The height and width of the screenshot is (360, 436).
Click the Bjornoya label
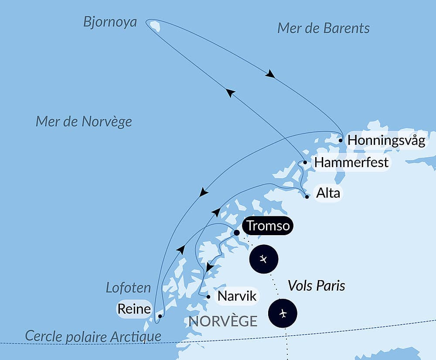[110, 22]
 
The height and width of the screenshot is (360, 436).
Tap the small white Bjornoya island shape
[155, 27]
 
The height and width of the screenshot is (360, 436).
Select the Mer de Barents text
[323, 28]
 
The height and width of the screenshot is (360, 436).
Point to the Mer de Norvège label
[84, 121]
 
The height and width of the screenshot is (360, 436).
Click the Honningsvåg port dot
[341, 141]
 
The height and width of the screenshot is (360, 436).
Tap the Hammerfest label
[351, 162]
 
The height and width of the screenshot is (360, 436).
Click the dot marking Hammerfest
[305, 162]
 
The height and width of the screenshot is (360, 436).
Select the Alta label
[328, 193]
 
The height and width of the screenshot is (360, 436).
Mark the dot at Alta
[307, 197]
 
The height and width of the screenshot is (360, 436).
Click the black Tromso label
[268, 226]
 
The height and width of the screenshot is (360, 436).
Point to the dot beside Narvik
[208, 297]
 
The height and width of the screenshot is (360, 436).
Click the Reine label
[134, 309]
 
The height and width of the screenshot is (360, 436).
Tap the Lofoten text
[129, 288]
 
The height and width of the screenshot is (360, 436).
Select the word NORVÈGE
[223, 321]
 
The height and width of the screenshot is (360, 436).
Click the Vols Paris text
[316, 286]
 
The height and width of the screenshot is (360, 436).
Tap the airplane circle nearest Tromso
[263, 259]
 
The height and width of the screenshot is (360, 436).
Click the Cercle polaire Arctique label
[93, 336]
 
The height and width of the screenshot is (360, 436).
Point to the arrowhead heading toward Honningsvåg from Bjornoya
[270, 74]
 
